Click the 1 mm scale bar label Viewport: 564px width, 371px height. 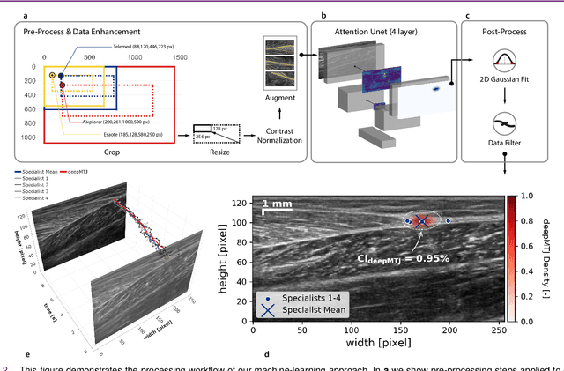coord(278,204)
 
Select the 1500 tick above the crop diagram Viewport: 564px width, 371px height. coord(180,56)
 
